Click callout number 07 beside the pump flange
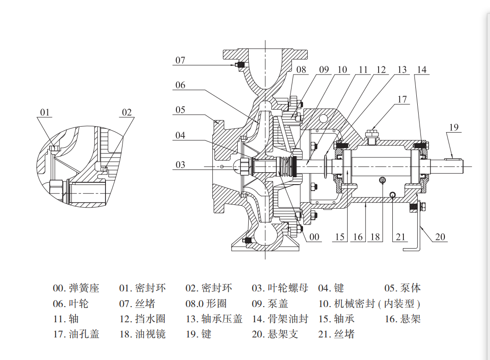click(180, 60)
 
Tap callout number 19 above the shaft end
click(454, 127)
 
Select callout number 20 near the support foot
click(441, 237)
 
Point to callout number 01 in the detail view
click(45, 112)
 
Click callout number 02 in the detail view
click(127, 112)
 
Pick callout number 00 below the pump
click(314, 237)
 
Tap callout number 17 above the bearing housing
click(402, 99)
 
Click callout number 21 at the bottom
click(401, 237)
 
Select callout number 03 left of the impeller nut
click(180, 164)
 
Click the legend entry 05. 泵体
click(402, 289)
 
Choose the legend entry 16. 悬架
click(402, 319)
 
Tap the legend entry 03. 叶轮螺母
click(280, 289)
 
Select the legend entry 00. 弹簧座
click(76, 289)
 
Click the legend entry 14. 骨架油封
click(280, 319)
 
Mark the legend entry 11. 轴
click(66, 319)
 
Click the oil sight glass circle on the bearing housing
click(382, 180)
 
